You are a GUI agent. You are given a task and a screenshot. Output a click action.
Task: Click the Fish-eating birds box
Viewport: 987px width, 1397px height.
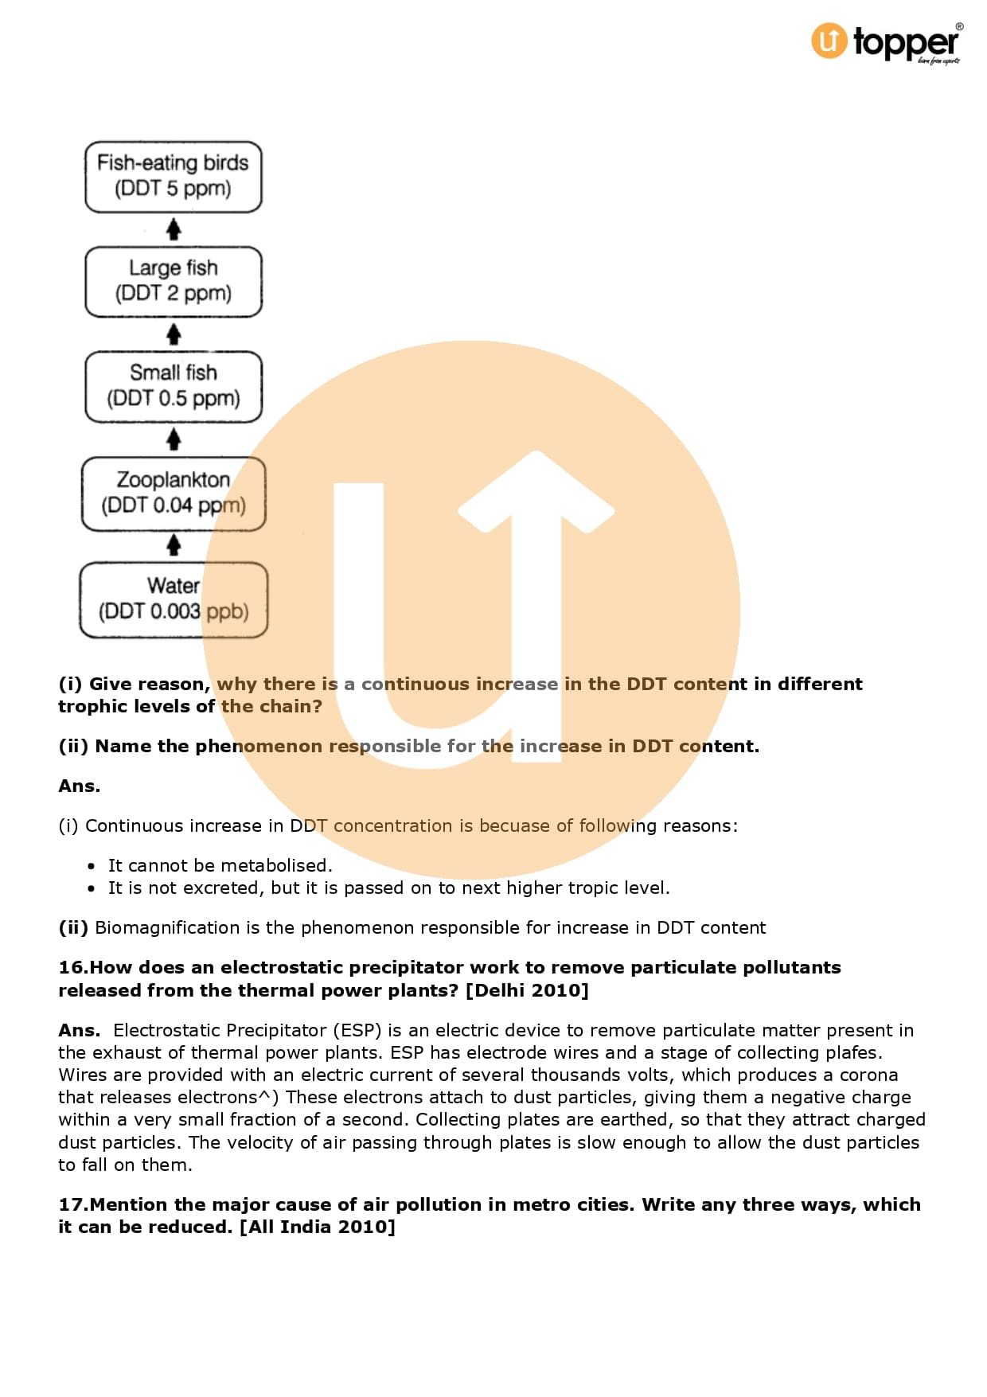point(174,177)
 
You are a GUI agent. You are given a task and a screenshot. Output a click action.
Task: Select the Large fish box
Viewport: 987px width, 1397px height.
point(174,282)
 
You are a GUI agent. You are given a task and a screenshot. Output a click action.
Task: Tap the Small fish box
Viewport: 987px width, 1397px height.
point(174,387)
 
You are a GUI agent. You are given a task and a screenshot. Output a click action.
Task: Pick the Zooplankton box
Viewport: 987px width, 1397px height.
point(174,494)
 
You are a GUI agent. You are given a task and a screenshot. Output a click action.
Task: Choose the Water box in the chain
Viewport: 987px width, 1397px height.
point(174,599)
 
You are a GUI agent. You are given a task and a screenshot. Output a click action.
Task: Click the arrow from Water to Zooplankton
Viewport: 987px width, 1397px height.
point(174,546)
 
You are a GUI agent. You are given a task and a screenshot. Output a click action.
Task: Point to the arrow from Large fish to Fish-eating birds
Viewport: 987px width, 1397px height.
point(174,230)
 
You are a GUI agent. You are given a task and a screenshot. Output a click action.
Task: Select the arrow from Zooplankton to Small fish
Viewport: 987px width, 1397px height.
point(174,439)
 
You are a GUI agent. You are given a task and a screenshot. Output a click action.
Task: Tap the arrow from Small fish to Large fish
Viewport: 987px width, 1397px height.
point(174,334)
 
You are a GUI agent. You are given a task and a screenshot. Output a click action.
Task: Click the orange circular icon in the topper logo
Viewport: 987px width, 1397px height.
point(829,41)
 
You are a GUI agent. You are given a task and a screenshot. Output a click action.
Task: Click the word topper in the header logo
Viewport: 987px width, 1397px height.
point(906,42)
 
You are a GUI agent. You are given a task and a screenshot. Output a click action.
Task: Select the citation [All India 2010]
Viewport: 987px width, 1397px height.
point(318,1227)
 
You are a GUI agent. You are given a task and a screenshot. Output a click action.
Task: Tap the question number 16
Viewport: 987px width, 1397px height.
point(71,968)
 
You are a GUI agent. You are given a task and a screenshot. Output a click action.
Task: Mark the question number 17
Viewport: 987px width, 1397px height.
point(71,1205)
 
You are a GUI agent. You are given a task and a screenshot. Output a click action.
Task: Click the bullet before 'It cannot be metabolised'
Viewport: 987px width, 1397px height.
point(92,866)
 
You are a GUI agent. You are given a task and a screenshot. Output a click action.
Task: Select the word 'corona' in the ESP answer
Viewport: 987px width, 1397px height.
point(868,1075)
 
